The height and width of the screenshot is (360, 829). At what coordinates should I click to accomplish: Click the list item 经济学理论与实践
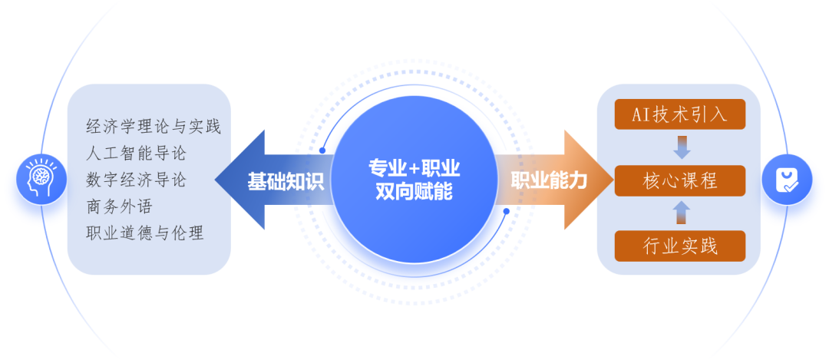click(154, 127)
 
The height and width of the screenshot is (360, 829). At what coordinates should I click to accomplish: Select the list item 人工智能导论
click(137, 154)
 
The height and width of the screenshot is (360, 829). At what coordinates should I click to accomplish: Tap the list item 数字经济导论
click(137, 180)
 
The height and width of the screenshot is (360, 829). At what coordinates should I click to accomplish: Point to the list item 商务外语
click(120, 206)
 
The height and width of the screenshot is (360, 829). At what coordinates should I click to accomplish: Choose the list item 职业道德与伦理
click(145, 233)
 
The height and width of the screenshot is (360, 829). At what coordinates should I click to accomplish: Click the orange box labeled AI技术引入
click(680, 115)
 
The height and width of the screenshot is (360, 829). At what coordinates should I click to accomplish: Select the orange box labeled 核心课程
click(680, 181)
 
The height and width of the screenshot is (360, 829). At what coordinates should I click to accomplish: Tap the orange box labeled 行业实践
click(680, 246)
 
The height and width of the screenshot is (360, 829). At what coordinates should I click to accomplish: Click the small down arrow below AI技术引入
click(681, 147)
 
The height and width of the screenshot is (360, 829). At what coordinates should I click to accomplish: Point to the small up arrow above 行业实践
click(681, 213)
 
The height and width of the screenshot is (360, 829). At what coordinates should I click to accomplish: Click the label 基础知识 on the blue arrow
click(286, 181)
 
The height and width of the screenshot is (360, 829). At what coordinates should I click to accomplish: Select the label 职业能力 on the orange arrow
click(549, 181)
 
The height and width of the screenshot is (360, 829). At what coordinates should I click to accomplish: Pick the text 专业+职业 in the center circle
click(414, 168)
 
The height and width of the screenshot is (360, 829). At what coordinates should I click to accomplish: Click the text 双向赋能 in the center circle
click(414, 192)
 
